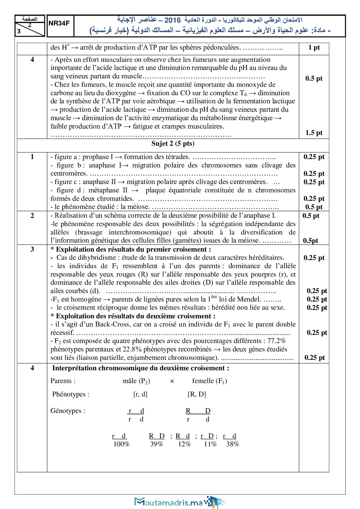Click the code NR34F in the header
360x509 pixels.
tap(59, 24)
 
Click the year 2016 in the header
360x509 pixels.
tap(172, 20)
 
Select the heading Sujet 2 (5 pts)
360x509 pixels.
tap(173, 144)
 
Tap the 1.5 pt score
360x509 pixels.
tap(314, 133)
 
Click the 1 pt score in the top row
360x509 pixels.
tap(314, 48)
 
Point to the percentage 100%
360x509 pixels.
tap(121, 444)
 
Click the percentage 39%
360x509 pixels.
tap(156, 444)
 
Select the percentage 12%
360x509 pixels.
tap(184, 444)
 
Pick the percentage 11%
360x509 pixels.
tap(210, 444)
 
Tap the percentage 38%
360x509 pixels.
tap(233, 444)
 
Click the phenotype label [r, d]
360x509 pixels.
tap(140, 394)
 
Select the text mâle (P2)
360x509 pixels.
tap(136, 381)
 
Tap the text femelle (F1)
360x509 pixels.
tap(209, 381)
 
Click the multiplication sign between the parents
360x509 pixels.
tap(172, 381)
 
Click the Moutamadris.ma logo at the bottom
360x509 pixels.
tap(179, 502)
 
